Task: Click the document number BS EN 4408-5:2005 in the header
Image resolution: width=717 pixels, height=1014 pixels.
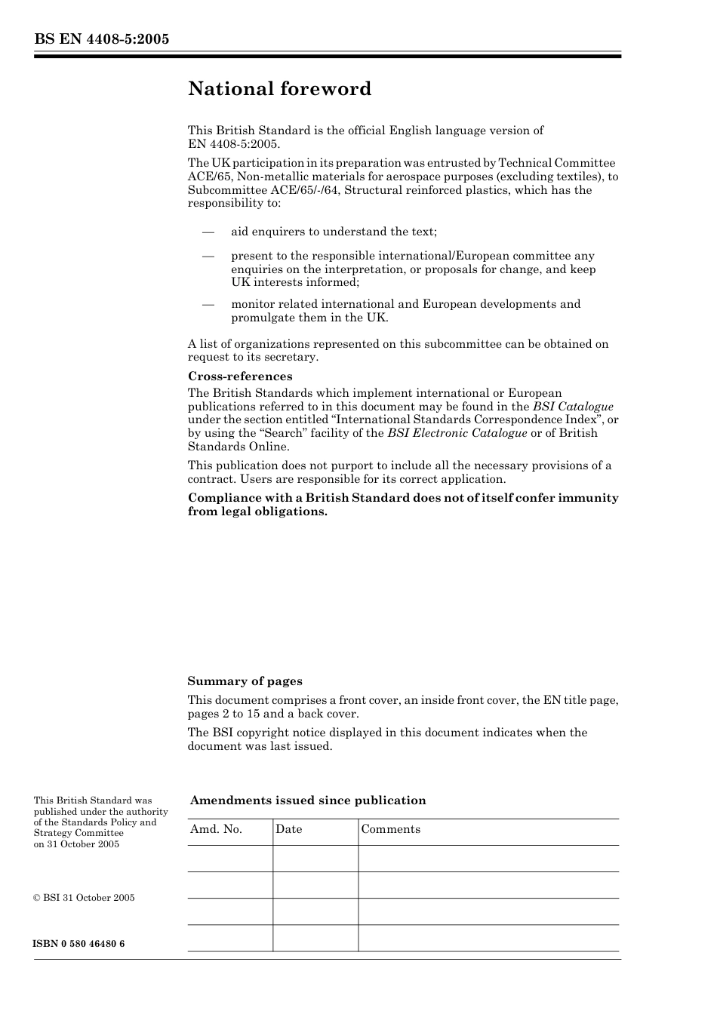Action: tap(101, 39)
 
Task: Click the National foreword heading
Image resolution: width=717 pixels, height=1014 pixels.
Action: tap(279, 89)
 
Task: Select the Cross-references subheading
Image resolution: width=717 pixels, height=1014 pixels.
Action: tap(239, 376)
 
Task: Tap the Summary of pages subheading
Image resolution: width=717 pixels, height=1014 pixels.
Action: tap(245, 681)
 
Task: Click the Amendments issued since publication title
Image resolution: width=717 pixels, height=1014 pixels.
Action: tap(308, 800)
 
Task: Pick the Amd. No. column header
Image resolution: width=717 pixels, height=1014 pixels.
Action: tap(217, 829)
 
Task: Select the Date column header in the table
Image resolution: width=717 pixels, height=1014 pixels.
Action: tap(288, 829)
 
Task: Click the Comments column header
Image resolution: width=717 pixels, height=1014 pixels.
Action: tap(390, 829)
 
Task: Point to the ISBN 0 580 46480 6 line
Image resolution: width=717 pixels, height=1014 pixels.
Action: tap(79, 944)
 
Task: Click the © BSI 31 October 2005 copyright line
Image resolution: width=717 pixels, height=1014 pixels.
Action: tap(84, 898)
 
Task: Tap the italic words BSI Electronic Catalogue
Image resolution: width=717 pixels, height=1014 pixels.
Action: tap(457, 433)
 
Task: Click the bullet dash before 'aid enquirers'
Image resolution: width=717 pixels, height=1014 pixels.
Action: tap(208, 232)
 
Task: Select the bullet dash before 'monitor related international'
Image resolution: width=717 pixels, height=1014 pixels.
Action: tap(208, 305)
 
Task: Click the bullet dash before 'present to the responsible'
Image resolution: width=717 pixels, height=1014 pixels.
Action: tap(208, 257)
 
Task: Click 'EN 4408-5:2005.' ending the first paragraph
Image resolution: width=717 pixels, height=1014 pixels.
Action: tap(233, 144)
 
